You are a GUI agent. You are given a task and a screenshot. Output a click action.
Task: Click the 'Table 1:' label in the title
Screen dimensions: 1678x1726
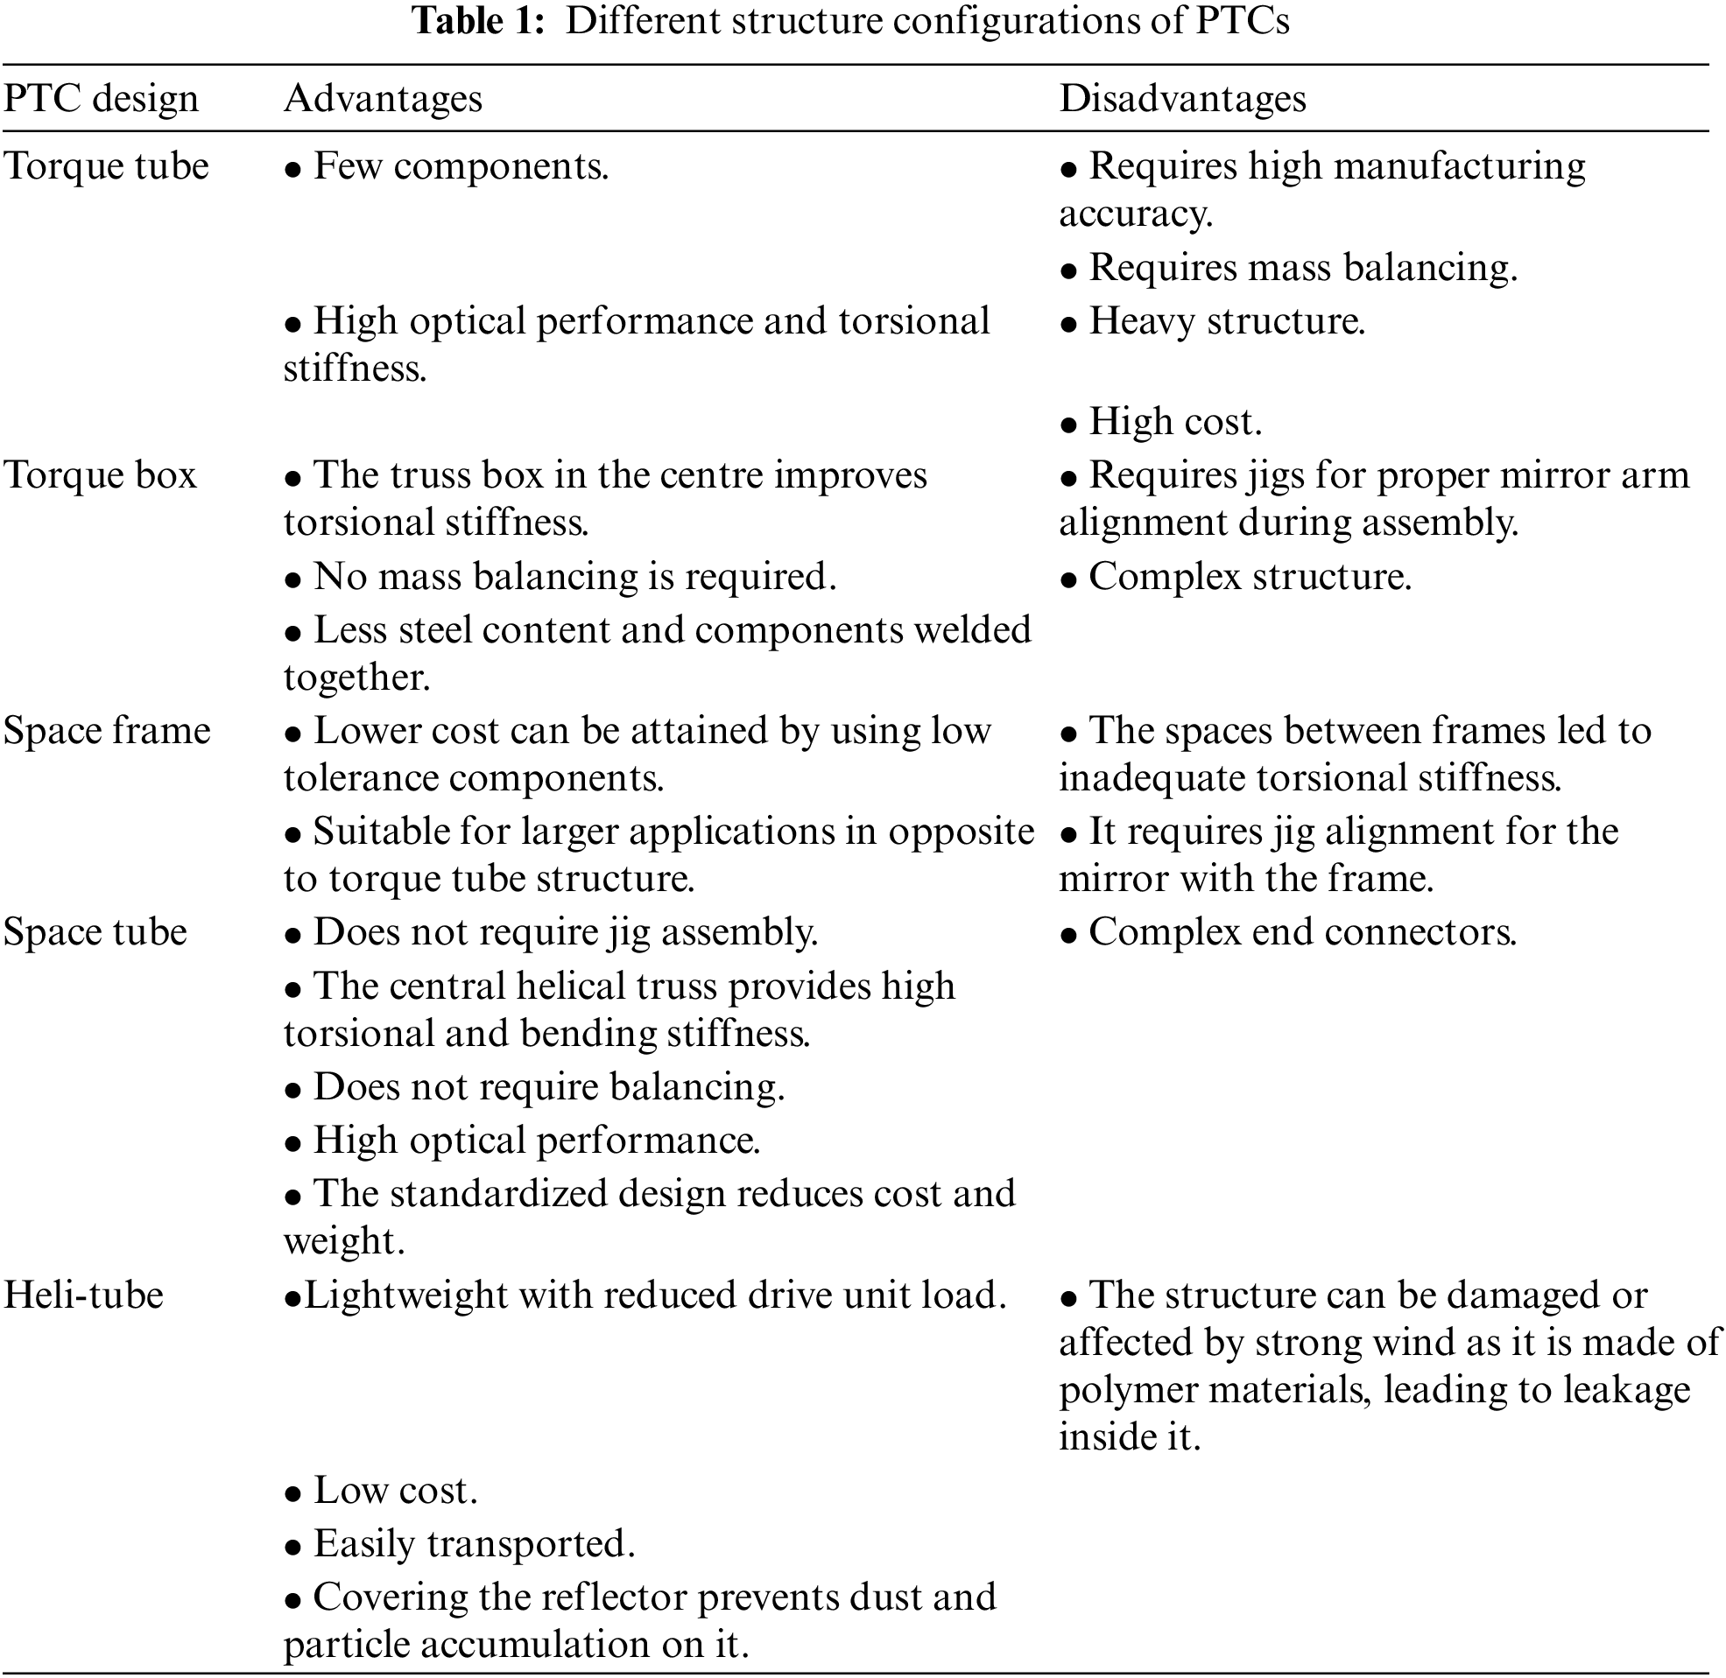[x=479, y=21]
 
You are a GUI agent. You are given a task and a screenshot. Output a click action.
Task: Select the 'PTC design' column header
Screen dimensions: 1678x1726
[x=101, y=99]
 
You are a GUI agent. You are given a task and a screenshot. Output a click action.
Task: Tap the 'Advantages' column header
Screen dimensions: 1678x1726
[x=383, y=99]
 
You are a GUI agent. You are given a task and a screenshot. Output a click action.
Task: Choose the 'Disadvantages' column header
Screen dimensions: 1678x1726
[x=1182, y=99]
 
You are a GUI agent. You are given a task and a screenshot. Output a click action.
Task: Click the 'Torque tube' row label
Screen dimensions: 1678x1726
[x=106, y=166]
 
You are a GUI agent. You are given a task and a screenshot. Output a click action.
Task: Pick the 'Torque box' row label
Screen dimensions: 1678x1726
[x=100, y=475]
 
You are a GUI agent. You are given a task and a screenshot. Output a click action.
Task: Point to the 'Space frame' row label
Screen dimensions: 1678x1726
[x=107, y=731]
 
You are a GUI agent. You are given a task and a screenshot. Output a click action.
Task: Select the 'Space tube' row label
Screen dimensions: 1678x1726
[x=95, y=932]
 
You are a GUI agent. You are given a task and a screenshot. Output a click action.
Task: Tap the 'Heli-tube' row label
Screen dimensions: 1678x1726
[x=84, y=1295]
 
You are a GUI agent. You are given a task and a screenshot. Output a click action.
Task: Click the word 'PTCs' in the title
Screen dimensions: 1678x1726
[x=1242, y=21]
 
